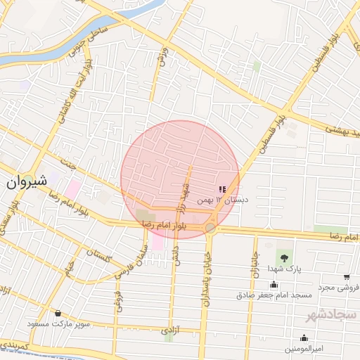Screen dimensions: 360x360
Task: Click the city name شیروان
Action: tap(27, 181)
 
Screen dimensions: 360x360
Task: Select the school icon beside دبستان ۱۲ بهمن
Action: tap(222, 189)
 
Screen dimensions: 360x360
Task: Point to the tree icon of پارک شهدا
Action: tap(284, 257)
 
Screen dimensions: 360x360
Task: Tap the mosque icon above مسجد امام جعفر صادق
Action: tap(274, 285)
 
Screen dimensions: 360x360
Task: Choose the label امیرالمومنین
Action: tap(304, 349)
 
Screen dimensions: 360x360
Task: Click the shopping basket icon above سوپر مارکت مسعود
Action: tap(58, 314)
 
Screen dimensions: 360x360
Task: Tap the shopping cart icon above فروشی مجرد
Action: tap(347, 277)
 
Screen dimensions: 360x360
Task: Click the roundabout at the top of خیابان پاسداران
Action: tap(210, 228)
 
